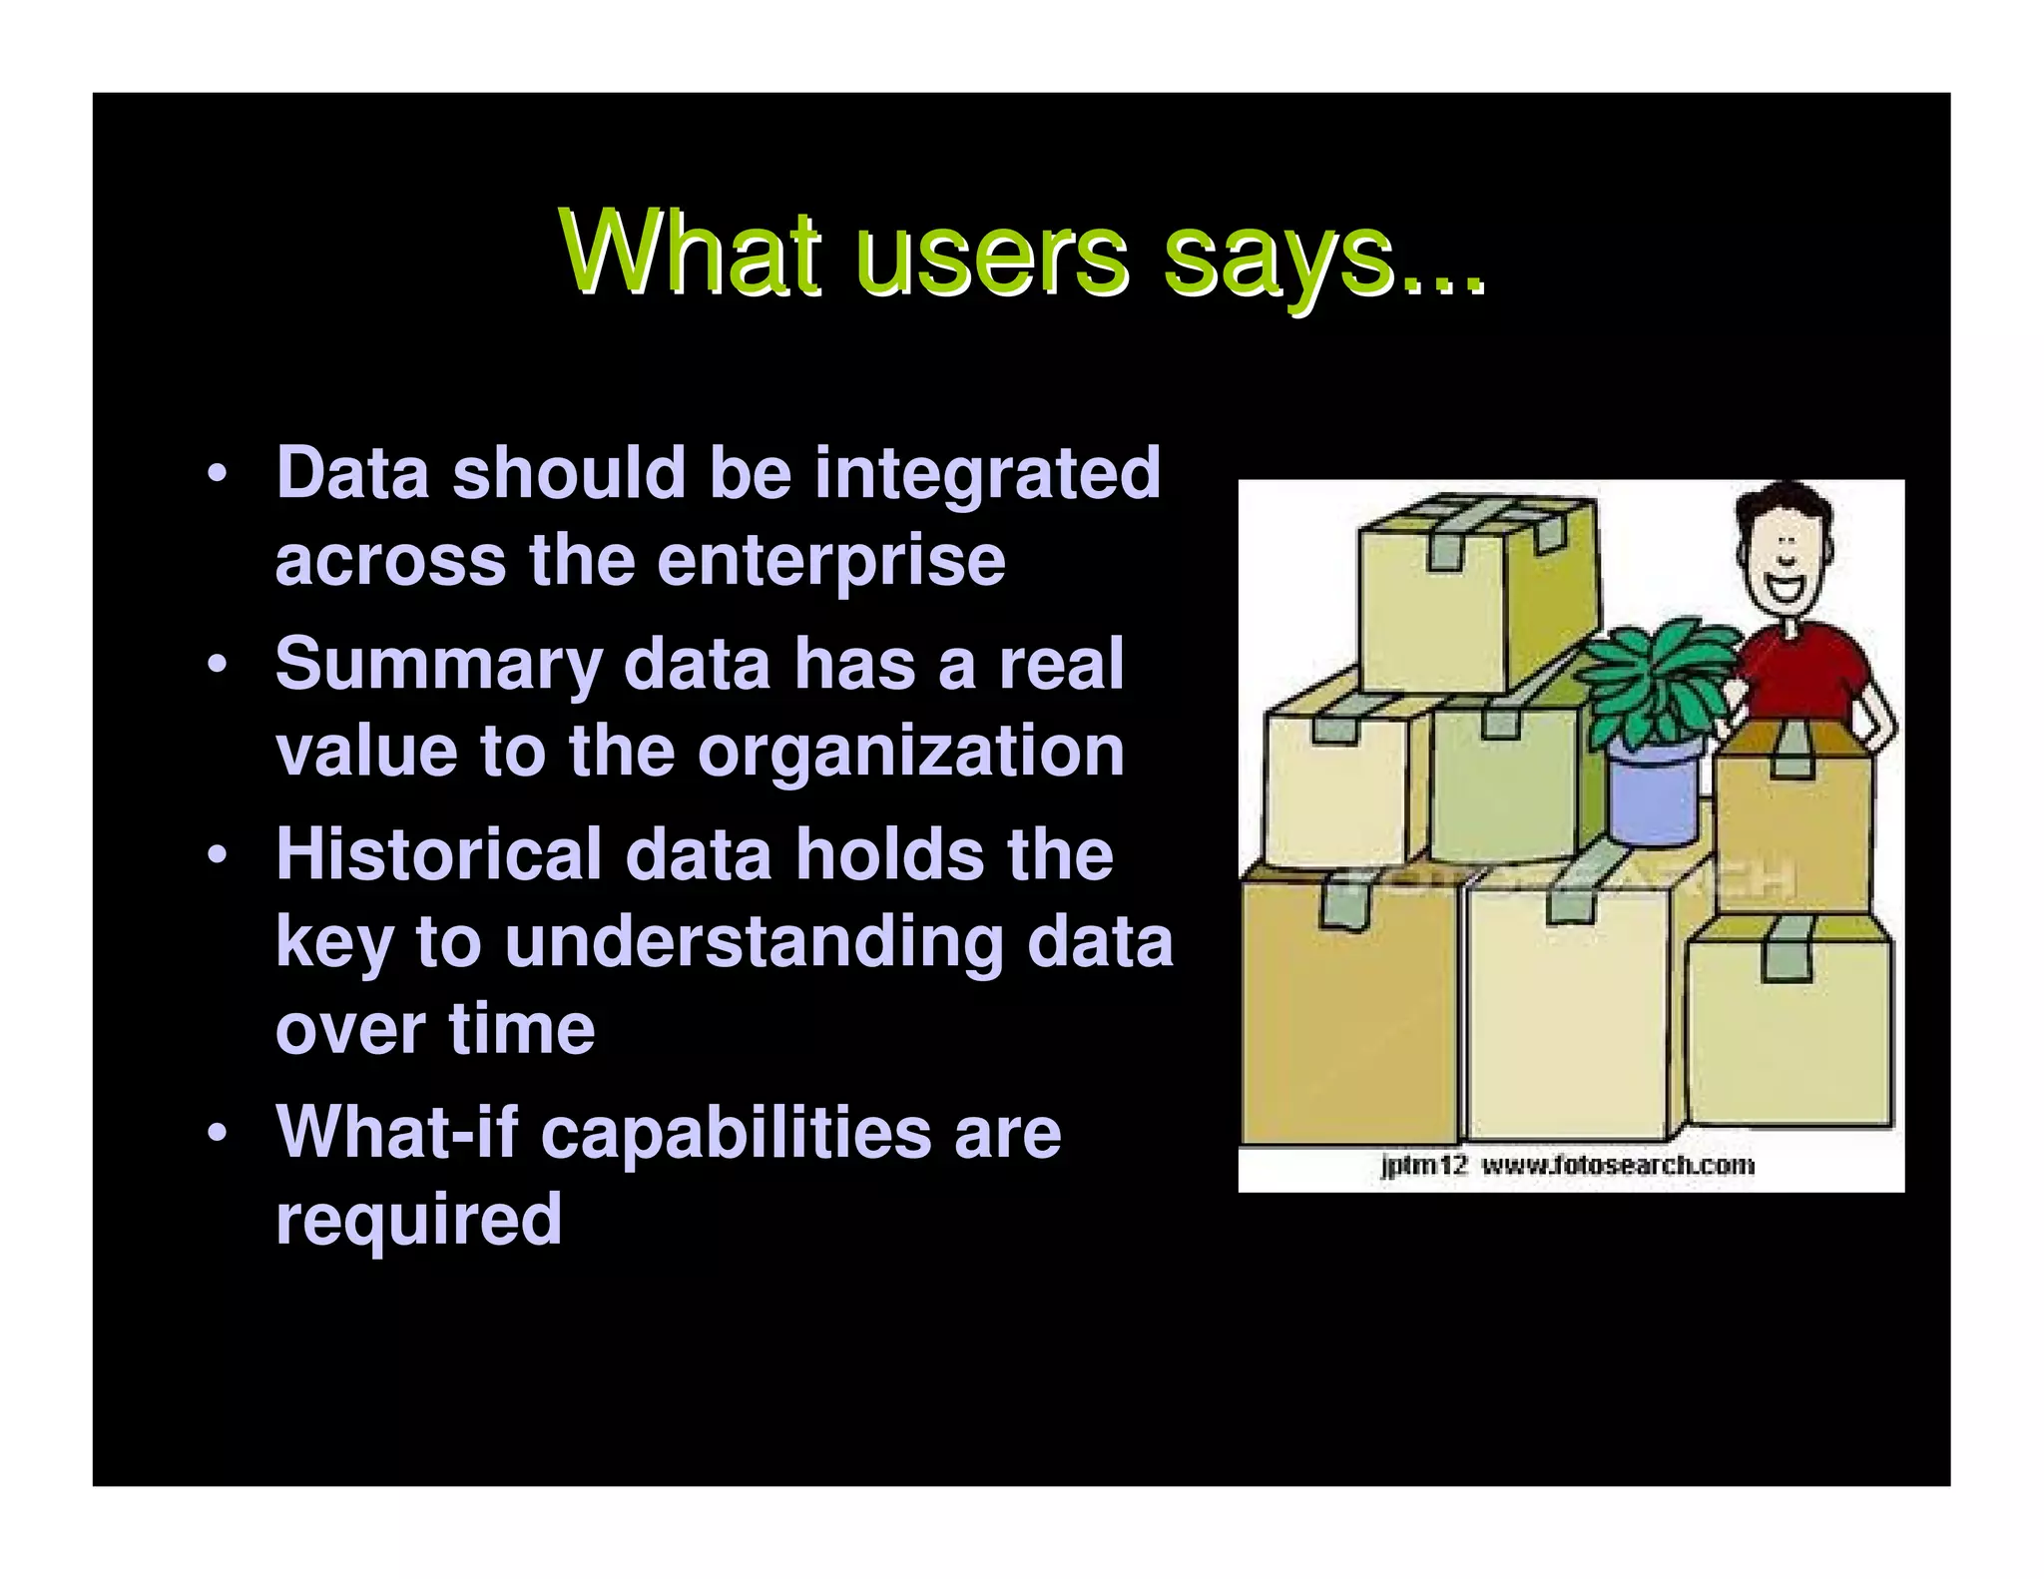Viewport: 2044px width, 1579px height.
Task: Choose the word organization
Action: (x=910, y=751)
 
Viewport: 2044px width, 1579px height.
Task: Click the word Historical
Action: (x=438, y=854)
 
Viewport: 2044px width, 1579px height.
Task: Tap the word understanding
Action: (x=754, y=943)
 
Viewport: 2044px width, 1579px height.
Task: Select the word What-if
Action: (x=396, y=1132)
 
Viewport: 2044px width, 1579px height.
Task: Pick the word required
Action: (x=418, y=1220)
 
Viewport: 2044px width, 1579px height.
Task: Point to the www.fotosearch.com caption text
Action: (x=1617, y=1165)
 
